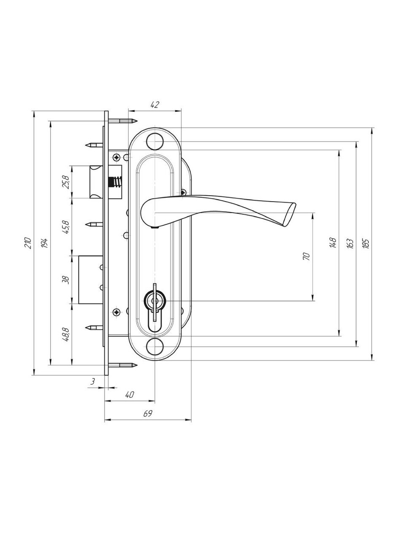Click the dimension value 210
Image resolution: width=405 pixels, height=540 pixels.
(29, 243)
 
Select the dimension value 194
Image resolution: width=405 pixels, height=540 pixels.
(45, 243)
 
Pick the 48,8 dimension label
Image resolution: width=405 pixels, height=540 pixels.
(66, 334)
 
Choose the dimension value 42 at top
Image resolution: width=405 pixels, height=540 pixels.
(155, 105)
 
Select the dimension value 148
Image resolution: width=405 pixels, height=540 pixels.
(333, 243)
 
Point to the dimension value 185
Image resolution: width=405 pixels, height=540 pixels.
(366, 243)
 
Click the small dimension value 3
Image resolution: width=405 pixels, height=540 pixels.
(93, 381)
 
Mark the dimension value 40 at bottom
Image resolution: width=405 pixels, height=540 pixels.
(130, 395)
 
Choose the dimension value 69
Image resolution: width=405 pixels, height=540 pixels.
(148, 413)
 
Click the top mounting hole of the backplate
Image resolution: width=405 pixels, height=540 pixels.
(155, 141)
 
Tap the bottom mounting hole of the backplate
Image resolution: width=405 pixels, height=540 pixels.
(155, 346)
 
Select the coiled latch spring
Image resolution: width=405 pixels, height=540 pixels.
(115, 182)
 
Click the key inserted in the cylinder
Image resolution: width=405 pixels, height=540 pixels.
(154, 302)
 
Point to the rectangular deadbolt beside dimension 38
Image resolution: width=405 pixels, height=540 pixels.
(91, 279)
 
